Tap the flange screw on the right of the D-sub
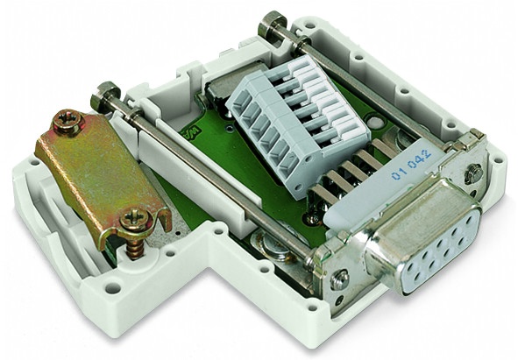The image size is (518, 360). click(474, 173)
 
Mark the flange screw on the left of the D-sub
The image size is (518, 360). click(340, 279)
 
